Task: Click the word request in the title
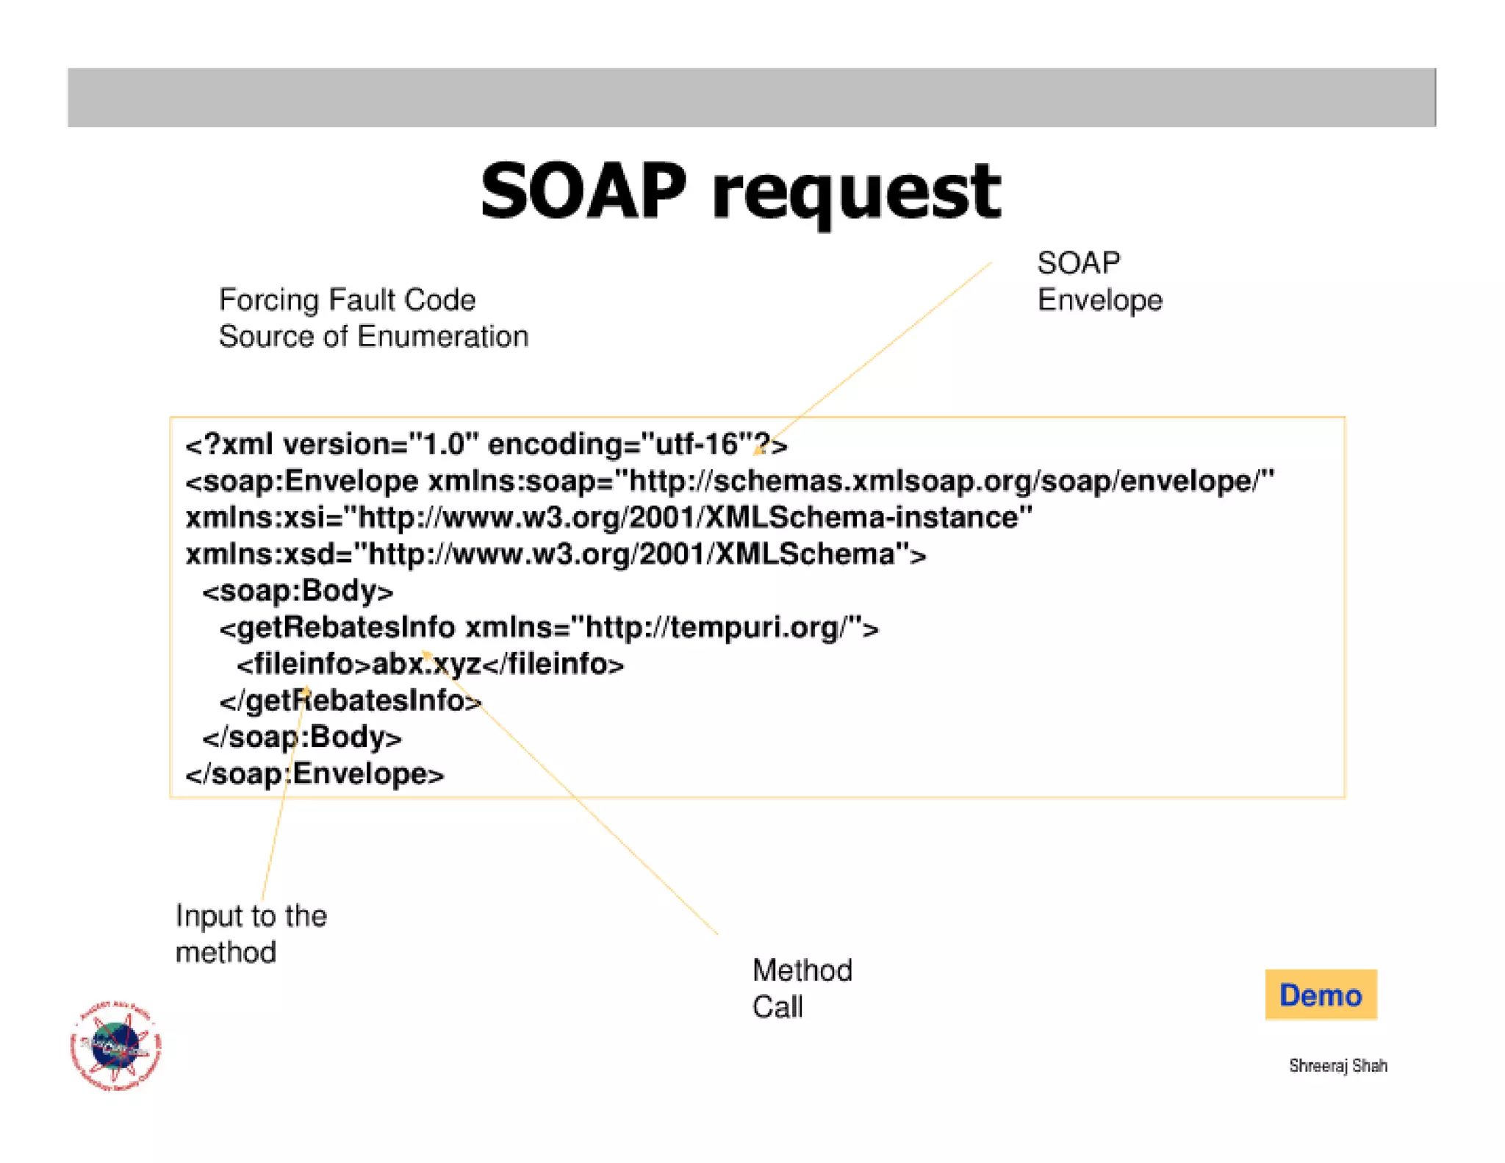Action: [856, 193]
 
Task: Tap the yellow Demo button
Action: [1321, 995]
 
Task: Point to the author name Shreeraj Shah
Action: [1337, 1065]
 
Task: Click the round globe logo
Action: [115, 1045]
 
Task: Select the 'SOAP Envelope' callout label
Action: [1099, 282]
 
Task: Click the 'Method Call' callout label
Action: [802, 988]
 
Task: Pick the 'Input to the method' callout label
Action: [251, 934]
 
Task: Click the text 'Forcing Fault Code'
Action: [347, 300]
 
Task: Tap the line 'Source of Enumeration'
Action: [373, 337]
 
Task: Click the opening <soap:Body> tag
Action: [298, 591]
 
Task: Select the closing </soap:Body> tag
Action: [302, 737]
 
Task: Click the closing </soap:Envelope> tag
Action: [315, 774]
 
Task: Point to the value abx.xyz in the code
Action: [426, 664]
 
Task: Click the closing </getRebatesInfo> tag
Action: [351, 701]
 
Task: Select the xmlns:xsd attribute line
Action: [556, 554]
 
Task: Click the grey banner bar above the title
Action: [751, 98]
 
